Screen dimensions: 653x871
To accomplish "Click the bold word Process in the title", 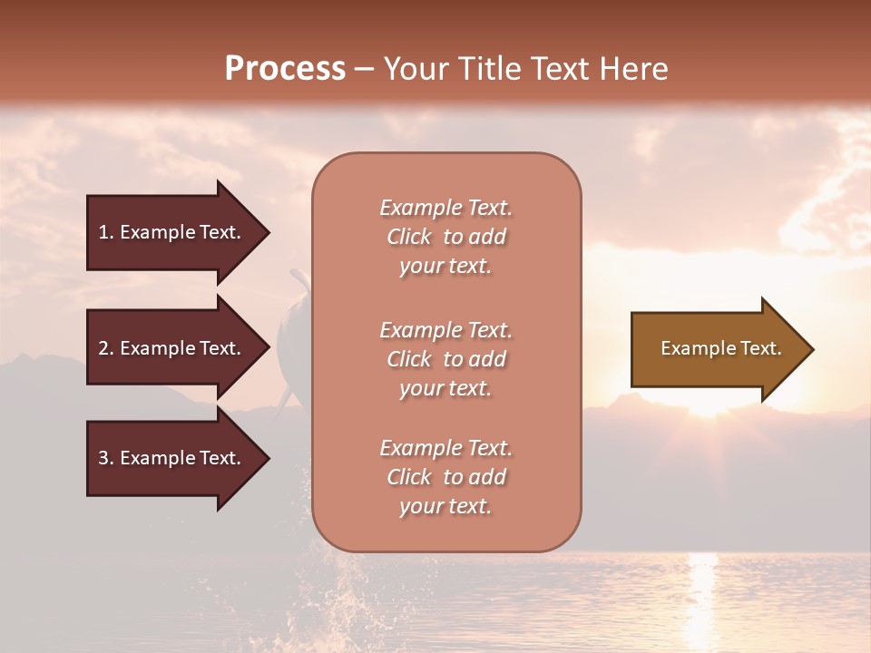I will point(285,69).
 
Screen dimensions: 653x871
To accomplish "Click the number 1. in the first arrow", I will point(106,232).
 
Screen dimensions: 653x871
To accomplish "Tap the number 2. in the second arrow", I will point(106,348).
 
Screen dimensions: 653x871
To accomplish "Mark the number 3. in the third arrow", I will point(106,458).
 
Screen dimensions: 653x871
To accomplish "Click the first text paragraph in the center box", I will point(446,237).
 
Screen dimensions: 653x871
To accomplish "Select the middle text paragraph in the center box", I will point(446,359).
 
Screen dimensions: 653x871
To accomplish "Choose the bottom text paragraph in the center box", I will point(446,477).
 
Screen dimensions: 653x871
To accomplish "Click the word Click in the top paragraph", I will point(409,237).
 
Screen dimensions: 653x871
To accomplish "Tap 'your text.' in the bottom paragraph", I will point(445,506).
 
